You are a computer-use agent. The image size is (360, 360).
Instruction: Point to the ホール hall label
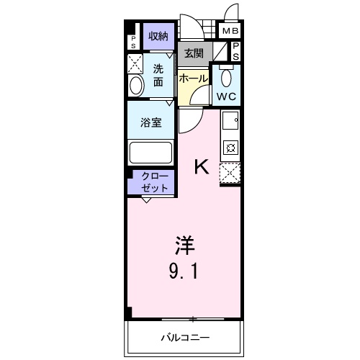click(x=193, y=78)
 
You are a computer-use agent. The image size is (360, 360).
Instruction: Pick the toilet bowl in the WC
click(x=227, y=78)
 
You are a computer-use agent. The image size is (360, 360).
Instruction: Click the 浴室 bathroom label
click(x=150, y=122)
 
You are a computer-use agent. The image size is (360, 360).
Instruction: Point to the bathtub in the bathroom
click(x=150, y=153)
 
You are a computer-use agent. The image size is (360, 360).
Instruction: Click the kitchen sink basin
click(x=230, y=120)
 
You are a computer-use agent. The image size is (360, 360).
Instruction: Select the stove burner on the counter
click(x=231, y=148)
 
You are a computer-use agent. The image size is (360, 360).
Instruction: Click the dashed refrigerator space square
click(x=230, y=173)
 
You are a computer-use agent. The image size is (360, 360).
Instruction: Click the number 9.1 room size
click(x=184, y=272)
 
